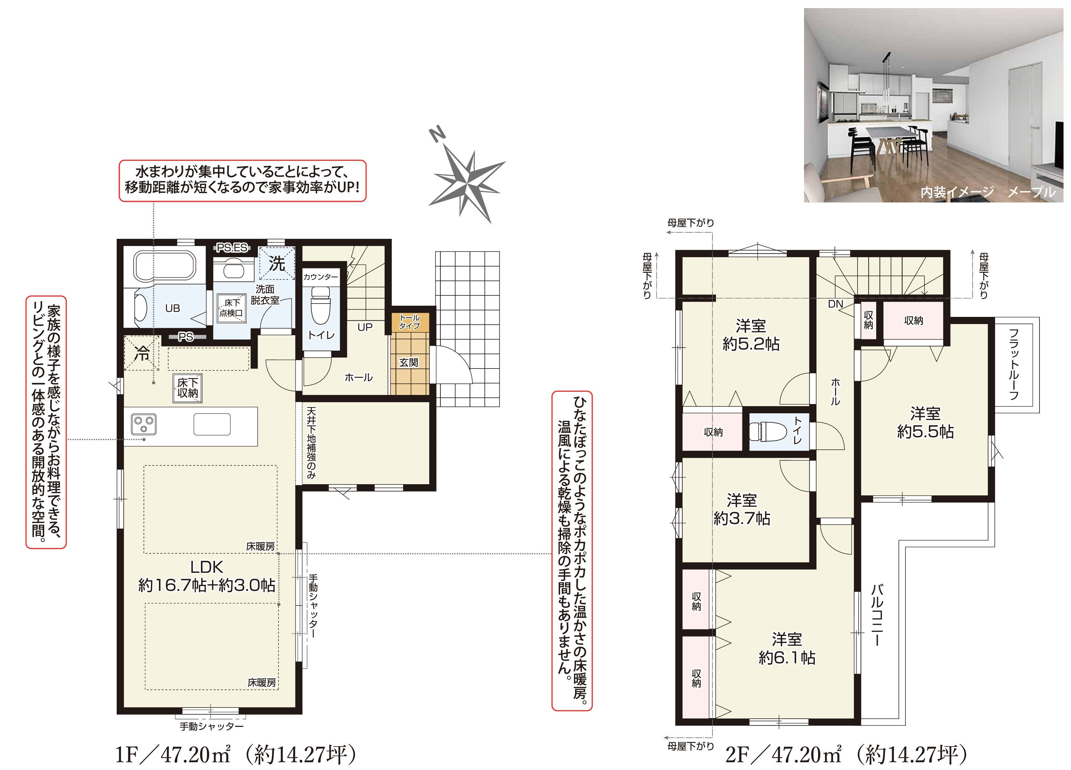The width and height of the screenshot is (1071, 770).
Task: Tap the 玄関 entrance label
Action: coord(409,363)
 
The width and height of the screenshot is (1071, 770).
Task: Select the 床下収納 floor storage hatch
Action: coord(188,388)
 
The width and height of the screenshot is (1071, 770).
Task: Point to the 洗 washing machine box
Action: coord(277,263)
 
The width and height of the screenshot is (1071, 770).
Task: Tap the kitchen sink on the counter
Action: coord(212,424)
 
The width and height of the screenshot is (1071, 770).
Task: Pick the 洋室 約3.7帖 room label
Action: coord(742,510)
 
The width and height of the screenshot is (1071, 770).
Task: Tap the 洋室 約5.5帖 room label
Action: coord(926,423)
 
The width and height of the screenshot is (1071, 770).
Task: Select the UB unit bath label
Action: coord(172,308)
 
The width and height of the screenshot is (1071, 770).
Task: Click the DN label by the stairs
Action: coord(835,304)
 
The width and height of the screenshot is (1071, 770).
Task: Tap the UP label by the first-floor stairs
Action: coord(365,327)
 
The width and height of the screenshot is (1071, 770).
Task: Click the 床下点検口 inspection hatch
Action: coord(231,308)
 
